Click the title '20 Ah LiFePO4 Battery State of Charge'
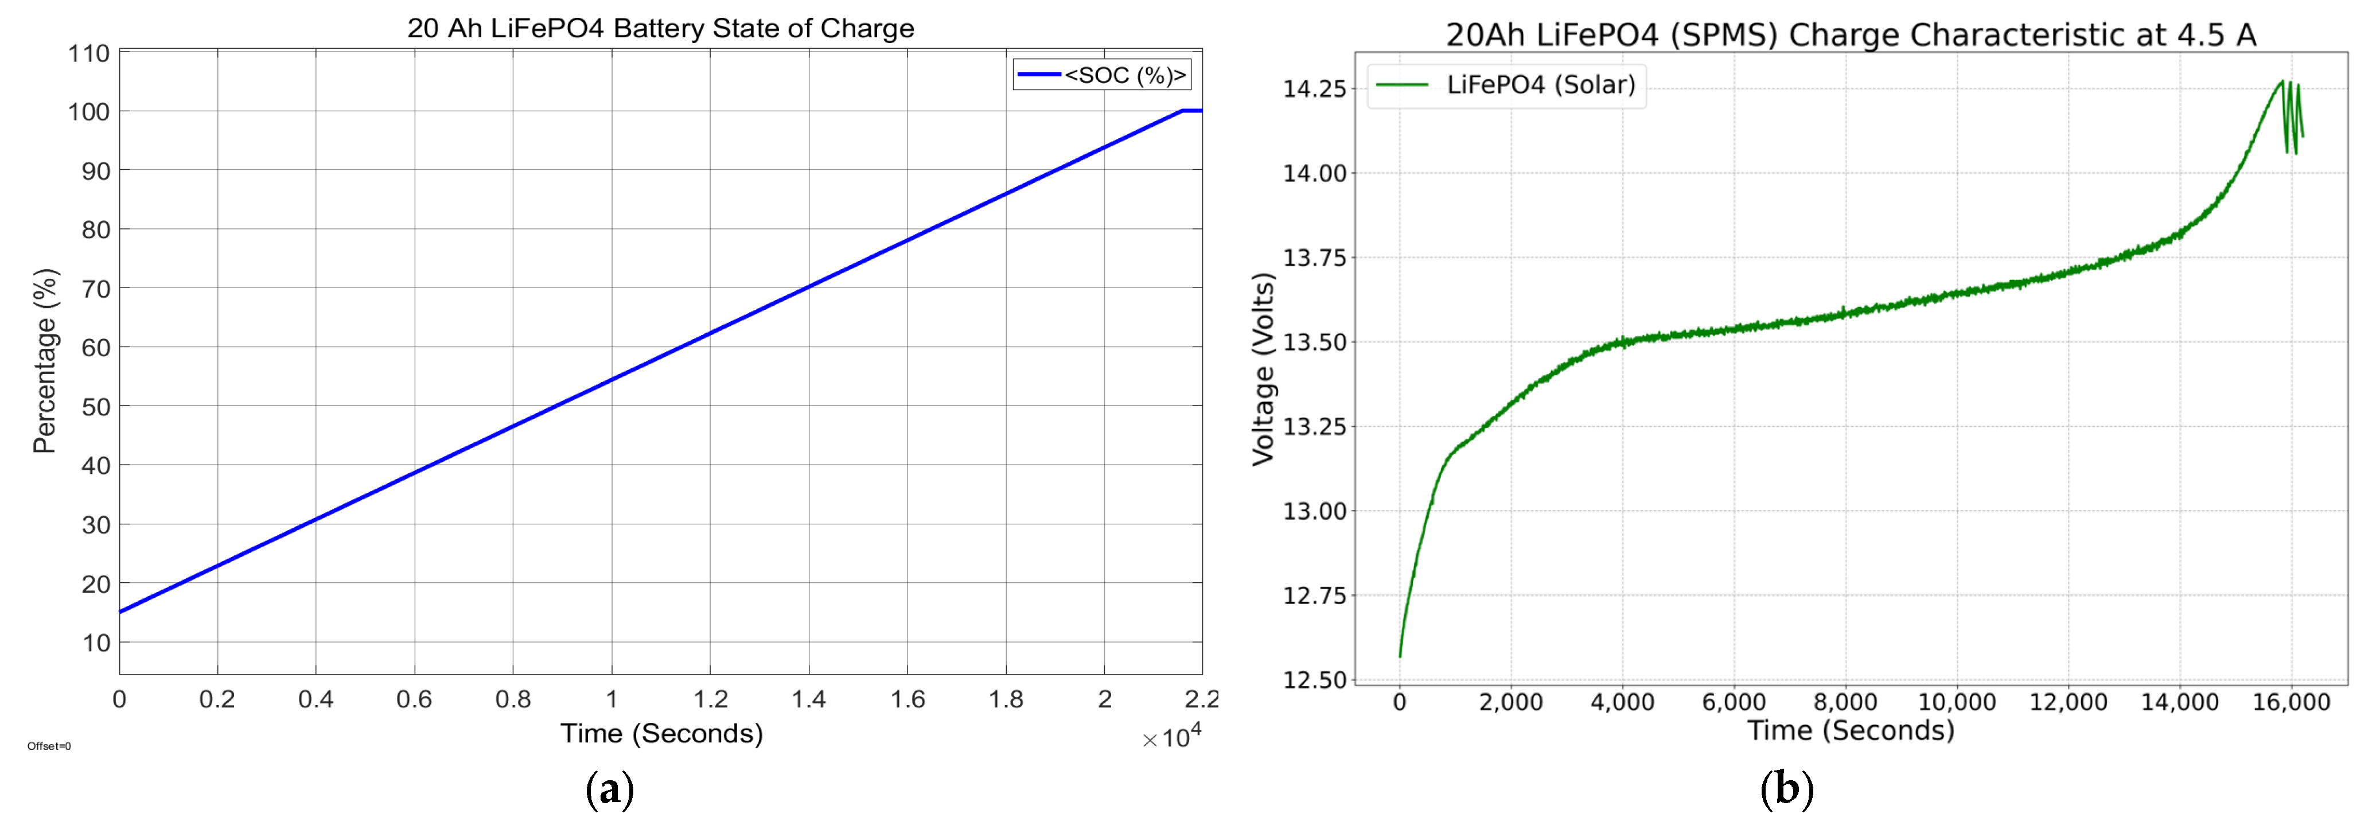point(660,29)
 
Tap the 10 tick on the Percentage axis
point(96,643)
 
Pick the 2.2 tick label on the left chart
point(1202,699)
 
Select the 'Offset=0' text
point(49,746)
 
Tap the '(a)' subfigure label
point(610,790)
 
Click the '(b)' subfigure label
point(1787,790)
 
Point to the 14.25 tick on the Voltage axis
point(1314,88)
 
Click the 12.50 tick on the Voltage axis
point(1314,680)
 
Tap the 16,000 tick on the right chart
point(2291,702)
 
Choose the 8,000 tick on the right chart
point(1845,702)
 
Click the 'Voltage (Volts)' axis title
point(1264,369)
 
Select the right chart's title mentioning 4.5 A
point(1850,35)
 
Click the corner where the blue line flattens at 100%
point(1182,111)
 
